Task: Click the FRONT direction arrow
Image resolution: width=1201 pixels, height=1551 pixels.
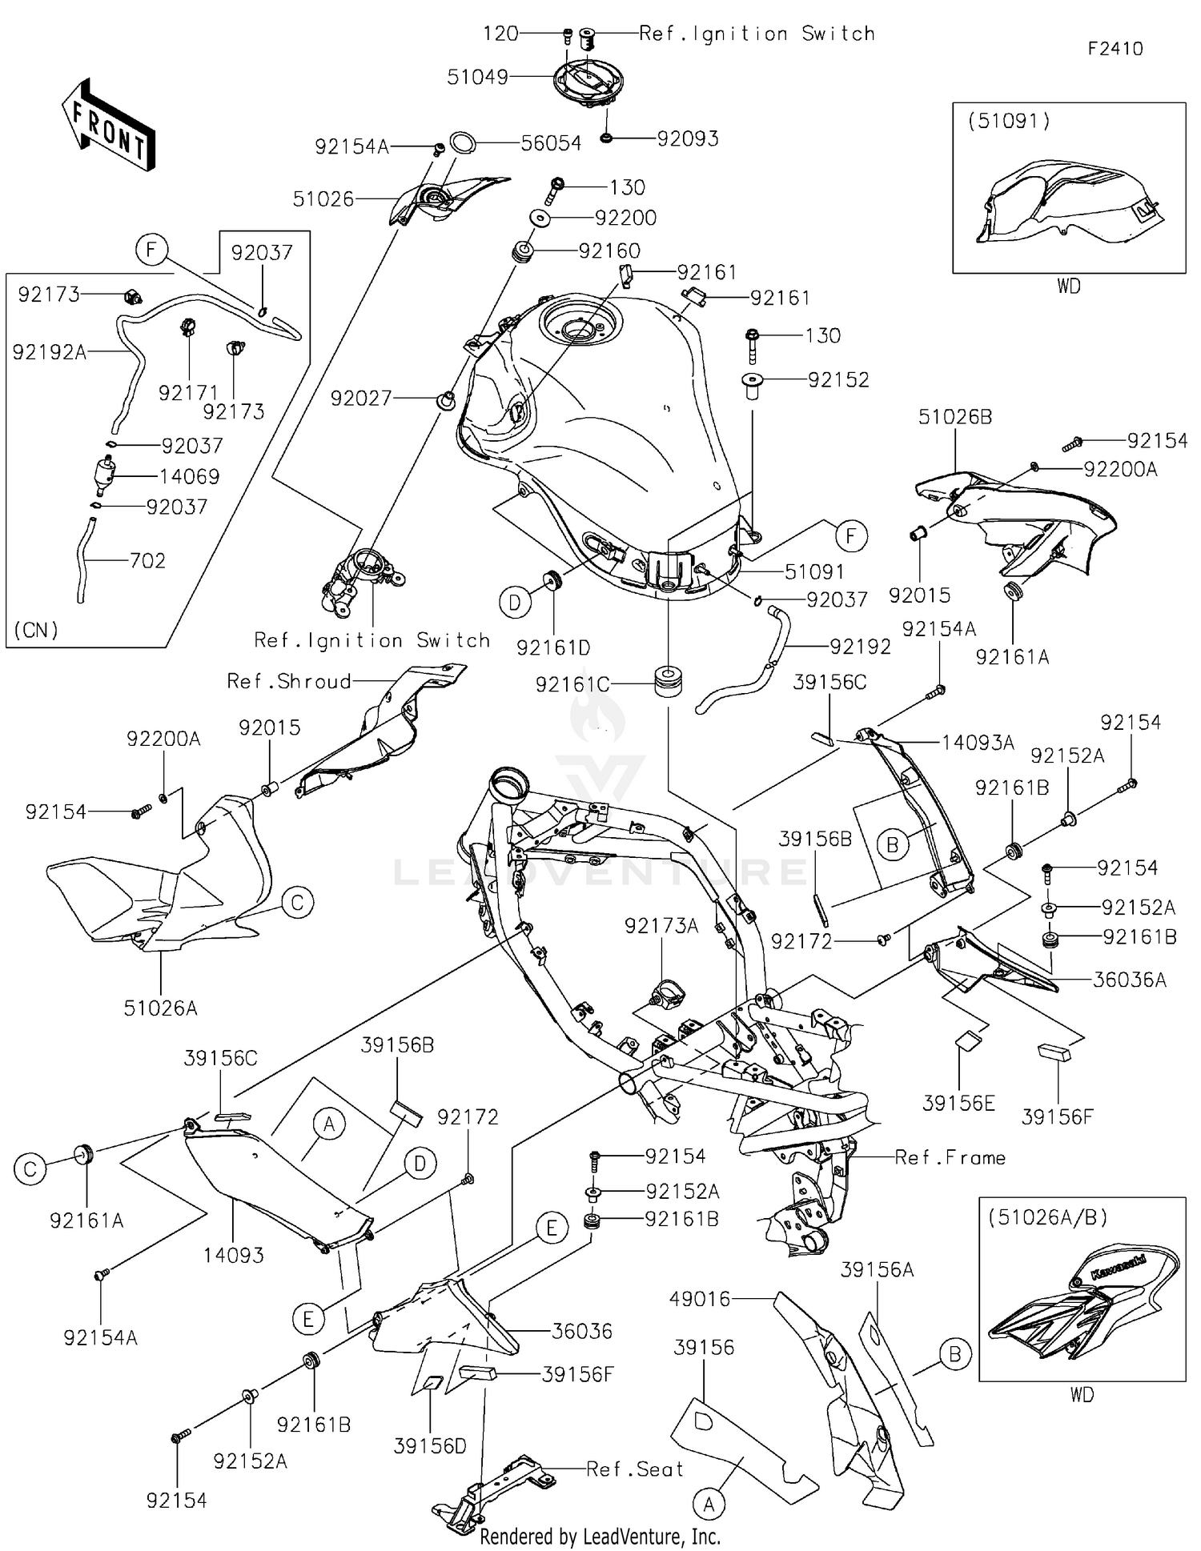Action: (x=108, y=125)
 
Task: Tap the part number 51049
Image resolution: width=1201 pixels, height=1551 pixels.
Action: (x=477, y=77)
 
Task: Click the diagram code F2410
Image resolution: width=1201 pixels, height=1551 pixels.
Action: (x=1115, y=49)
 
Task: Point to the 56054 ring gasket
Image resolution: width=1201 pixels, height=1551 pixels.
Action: (x=463, y=143)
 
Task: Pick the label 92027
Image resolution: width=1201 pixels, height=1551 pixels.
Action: (x=361, y=398)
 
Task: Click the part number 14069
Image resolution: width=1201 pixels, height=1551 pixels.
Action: (x=189, y=476)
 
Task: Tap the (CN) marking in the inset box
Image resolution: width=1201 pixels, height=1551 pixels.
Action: (x=36, y=630)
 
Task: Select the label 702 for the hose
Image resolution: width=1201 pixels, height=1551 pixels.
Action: (x=147, y=560)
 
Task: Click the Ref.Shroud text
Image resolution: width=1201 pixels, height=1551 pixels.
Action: (x=289, y=681)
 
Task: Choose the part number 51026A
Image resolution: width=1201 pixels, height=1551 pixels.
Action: (x=160, y=1008)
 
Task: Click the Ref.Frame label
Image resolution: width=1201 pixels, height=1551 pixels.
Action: (x=950, y=1157)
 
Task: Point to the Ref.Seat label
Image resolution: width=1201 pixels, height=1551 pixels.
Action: (x=634, y=1469)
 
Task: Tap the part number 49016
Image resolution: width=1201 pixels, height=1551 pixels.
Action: (x=700, y=1298)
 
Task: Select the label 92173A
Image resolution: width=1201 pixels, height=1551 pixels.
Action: (x=661, y=926)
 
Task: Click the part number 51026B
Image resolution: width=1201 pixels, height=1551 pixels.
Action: (x=954, y=417)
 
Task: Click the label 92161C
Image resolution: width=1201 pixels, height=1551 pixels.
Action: (x=572, y=684)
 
